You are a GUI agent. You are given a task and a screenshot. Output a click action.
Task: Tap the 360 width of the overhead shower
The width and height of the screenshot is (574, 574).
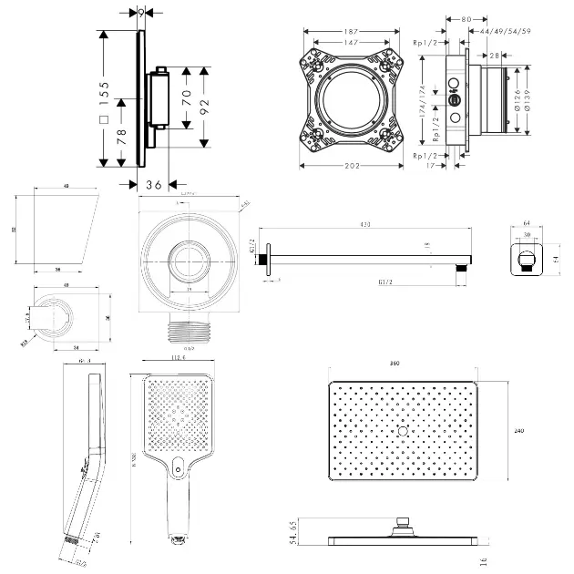pyautogui.click(x=395, y=364)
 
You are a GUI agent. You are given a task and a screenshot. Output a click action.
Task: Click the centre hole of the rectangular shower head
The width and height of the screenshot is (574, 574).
pyautogui.click(x=401, y=428)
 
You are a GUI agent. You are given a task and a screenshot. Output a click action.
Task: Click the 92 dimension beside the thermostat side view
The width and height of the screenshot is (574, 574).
pyautogui.click(x=204, y=105)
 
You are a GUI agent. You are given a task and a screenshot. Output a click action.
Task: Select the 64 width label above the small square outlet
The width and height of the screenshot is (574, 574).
pyautogui.click(x=527, y=221)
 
